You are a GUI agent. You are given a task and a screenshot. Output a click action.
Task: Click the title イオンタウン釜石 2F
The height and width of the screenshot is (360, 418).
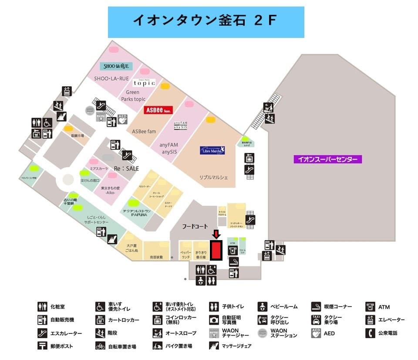click(206, 21)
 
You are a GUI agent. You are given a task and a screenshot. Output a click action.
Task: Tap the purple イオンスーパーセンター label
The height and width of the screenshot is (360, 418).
click(327, 160)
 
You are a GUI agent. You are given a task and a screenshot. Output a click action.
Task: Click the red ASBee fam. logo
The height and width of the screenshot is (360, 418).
click(159, 110)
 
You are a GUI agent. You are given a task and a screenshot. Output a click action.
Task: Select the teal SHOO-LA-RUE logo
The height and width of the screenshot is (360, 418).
click(116, 67)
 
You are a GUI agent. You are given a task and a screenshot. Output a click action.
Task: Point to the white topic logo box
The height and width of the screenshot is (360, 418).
click(144, 83)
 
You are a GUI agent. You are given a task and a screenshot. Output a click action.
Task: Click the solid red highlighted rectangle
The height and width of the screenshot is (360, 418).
click(216, 251)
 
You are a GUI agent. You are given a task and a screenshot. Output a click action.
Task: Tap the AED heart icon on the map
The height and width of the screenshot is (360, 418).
click(122, 119)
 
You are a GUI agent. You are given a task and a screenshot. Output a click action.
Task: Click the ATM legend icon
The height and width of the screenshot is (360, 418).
click(371, 307)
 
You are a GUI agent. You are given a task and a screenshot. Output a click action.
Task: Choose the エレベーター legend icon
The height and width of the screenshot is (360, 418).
click(371, 320)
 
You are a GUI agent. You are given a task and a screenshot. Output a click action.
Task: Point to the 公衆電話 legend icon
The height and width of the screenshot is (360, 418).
click(371, 333)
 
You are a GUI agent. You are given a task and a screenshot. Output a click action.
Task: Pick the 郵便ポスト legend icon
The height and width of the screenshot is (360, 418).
click(42, 346)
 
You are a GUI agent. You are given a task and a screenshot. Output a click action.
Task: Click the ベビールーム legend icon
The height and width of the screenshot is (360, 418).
click(262, 307)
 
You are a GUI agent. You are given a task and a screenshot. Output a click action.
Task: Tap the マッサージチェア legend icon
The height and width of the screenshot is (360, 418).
click(214, 346)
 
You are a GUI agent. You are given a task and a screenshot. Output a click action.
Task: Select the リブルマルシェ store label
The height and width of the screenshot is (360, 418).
click(214, 178)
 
